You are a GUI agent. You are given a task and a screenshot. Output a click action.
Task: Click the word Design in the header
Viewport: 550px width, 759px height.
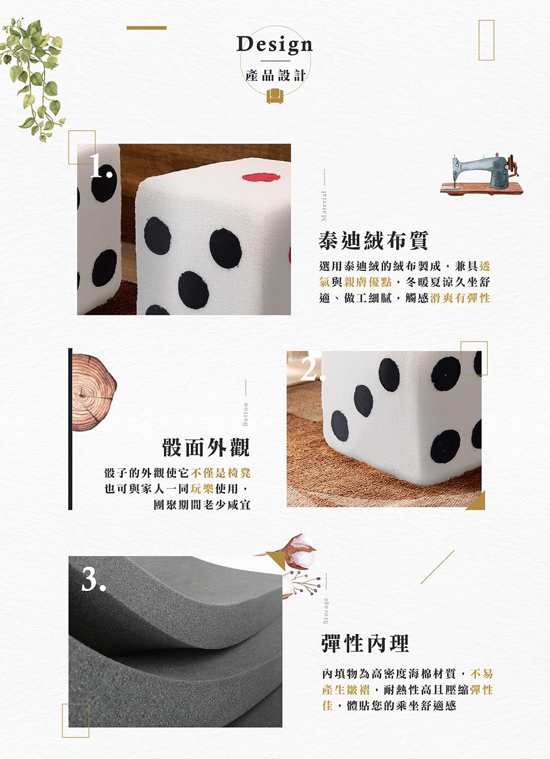tap(274, 45)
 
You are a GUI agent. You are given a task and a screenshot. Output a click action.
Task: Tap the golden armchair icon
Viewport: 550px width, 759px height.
tap(274, 96)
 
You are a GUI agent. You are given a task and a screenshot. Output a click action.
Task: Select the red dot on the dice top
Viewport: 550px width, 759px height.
tap(261, 177)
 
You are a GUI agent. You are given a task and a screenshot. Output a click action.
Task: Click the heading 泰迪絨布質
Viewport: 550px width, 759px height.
tap(373, 241)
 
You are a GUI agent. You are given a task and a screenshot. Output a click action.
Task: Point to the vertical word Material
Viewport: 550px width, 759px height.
tap(324, 206)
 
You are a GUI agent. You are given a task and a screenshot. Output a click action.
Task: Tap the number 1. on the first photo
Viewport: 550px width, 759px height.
tap(101, 165)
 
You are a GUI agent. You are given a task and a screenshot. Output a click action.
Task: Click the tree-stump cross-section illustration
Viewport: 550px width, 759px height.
tap(94, 392)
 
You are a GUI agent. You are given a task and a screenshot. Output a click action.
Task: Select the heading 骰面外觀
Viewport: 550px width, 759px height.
tap(206, 447)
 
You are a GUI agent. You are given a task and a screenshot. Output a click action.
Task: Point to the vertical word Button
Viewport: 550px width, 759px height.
tap(245, 414)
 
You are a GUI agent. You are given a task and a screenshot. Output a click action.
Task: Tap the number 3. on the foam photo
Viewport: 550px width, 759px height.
tap(94, 579)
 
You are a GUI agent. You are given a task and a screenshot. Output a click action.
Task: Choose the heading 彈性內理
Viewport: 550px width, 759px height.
tap(365, 643)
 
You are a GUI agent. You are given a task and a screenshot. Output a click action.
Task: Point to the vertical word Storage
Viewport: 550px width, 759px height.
tap(326, 611)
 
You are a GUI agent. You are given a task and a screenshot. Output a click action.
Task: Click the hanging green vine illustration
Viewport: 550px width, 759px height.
tap(32, 80)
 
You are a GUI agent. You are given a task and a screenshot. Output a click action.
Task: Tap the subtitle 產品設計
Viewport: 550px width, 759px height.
tap(276, 75)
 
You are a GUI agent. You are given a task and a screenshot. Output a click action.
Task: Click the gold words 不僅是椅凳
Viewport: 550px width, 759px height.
tap(221, 473)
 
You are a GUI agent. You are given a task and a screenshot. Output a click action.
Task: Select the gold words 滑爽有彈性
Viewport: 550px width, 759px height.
tap(460, 298)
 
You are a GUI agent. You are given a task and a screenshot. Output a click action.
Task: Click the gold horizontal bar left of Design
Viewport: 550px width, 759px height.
tap(146, 28)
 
